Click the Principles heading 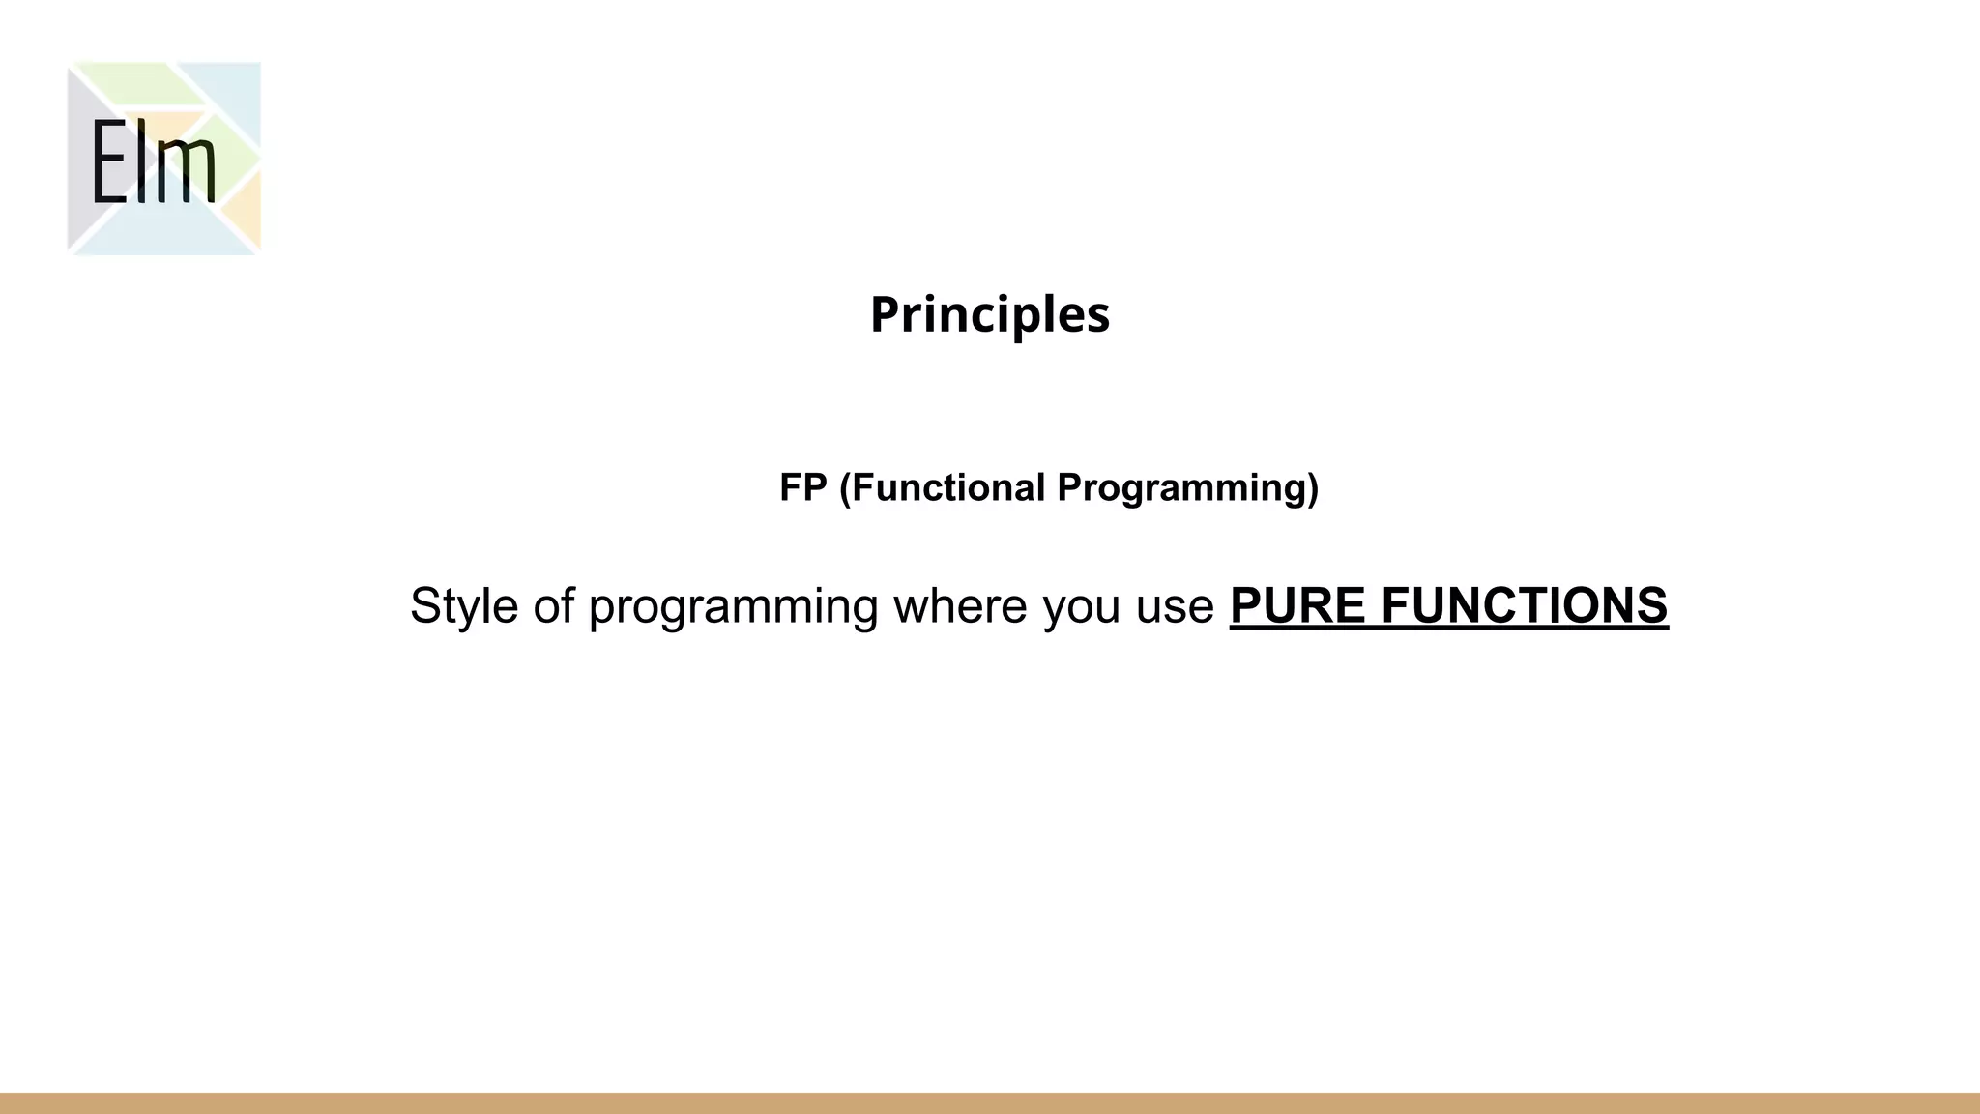coord(990,315)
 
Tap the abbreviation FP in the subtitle coord(803,487)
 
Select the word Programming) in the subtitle coord(1187,487)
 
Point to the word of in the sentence coord(554,606)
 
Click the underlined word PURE coord(1297,606)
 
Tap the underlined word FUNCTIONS coord(1525,606)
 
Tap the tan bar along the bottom coord(990,1103)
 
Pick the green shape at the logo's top coord(135,81)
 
